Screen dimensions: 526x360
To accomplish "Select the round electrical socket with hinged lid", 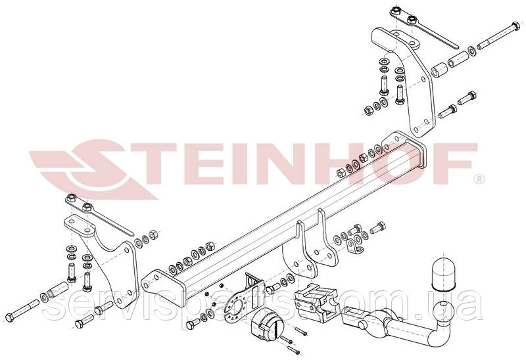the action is tap(268, 325).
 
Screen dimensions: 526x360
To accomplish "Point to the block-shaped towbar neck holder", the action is tap(315, 302).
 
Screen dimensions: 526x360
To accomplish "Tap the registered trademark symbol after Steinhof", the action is tap(479, 179).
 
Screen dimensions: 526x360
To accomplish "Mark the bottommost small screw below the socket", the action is tap(293, 350).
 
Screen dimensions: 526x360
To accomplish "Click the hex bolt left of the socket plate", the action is tap(193, 324).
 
